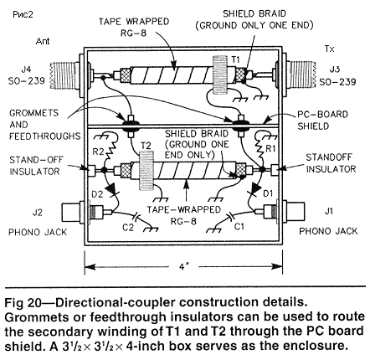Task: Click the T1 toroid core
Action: pos(220,75)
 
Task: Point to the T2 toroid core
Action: pos(146,170)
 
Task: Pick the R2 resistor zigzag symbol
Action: pos(111,150)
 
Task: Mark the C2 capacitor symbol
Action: pos(136,215)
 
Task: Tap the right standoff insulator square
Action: pos(275,169)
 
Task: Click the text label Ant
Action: pos(43,41)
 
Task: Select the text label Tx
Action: pos(330,49)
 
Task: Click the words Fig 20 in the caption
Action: pos(23,303)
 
